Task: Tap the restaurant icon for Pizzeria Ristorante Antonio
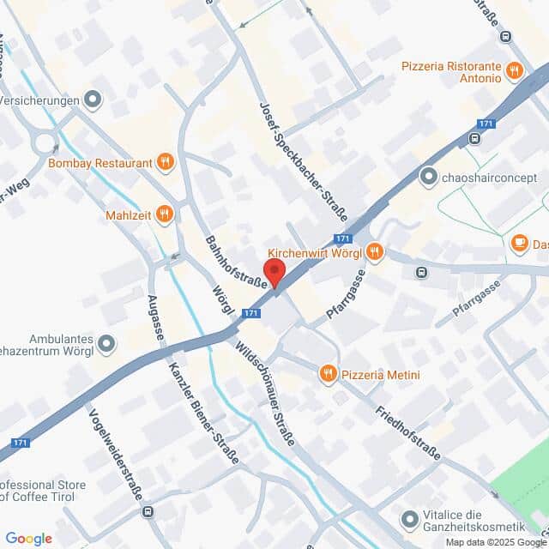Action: click(515, 70)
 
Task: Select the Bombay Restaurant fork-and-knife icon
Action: click(166, 161)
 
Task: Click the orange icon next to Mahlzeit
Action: click(165, 214)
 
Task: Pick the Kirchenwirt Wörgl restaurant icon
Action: click(374, 252)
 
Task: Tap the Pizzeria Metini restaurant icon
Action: click(328, 373)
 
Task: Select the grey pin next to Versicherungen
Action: click(94, 100)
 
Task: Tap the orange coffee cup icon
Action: click(519, 244)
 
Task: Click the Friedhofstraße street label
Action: click(407, 420)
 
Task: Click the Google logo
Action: click(28, 538)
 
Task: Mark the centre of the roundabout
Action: click(45, 143)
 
